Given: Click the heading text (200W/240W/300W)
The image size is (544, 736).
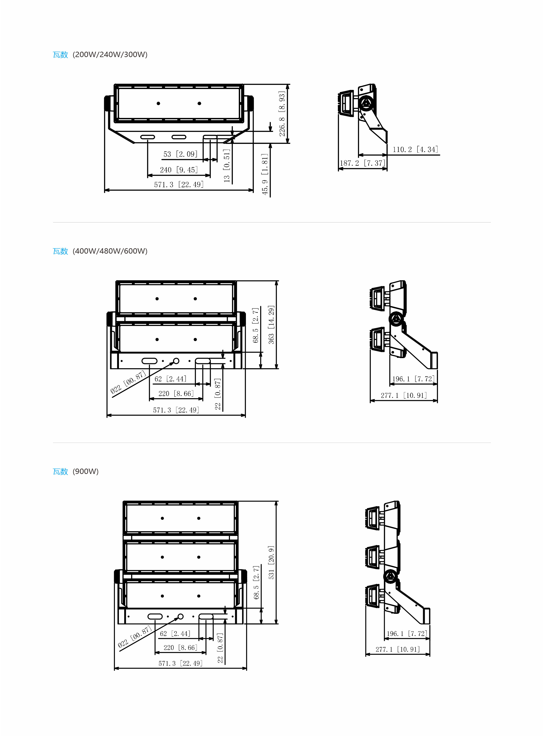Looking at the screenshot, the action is click(110, 55).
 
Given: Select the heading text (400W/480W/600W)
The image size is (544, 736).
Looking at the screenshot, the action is click(110, 251).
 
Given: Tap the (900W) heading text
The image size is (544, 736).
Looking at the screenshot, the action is click(86, 471).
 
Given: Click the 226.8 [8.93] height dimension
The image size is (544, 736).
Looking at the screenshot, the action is click(282, 114).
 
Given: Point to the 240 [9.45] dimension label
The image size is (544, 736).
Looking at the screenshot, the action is click(179, 170).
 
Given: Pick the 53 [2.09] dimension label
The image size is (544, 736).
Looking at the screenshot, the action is click(180, 154).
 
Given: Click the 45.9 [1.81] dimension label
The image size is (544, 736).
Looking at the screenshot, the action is click(265, 174).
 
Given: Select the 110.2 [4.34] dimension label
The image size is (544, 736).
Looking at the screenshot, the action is click(415, 149).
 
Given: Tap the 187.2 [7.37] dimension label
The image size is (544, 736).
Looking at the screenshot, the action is click(363, 163).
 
